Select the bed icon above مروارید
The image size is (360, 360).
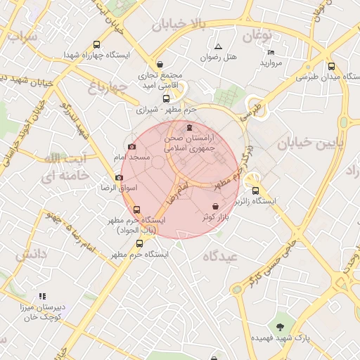coord(271,53)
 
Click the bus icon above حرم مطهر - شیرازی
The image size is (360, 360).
coord(166,99)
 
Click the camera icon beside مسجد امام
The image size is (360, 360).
coord(132,147)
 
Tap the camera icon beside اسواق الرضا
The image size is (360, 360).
coord(118,178)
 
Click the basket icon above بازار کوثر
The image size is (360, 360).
coord(214,206)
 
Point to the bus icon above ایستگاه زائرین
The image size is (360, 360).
coord(255,190)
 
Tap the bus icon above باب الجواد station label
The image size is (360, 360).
coord(136,210)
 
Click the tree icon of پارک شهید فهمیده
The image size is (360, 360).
coord(281,326)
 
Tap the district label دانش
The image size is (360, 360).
coord(31,251)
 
